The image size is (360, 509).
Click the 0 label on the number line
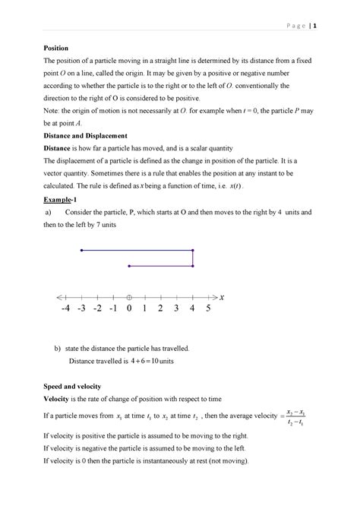point(129,310)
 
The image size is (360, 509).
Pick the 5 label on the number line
point(208,310)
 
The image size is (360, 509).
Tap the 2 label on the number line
point(161,310)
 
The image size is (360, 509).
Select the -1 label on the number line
point(112,310)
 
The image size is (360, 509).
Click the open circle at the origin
point(129,296)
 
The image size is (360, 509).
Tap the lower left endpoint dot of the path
point(129,265)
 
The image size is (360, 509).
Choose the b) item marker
point(56,348)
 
